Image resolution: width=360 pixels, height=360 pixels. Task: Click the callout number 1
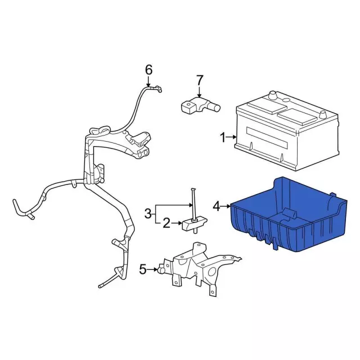click(223, 137)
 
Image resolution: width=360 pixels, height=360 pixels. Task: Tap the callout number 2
click(166, 223)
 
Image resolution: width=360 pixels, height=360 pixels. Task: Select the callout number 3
click(148, 214)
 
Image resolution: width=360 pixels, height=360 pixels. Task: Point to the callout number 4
click(217, 206)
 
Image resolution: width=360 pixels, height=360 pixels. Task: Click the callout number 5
click(143, 269)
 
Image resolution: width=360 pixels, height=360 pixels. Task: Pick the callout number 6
click(148, 70)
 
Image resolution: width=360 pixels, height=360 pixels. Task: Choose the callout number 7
click(199, 80)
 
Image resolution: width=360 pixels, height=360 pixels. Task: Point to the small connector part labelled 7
click(200, 105)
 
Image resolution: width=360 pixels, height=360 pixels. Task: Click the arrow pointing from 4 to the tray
click(226, 206)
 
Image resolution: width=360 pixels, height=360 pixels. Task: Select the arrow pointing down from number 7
click(199, 92)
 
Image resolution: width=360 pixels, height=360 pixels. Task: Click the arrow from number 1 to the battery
click(231, 137)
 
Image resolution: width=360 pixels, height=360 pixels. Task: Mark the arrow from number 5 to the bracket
click(152, 269)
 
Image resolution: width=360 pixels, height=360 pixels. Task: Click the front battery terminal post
click(323, 114)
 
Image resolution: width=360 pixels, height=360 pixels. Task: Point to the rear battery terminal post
click(272, 94)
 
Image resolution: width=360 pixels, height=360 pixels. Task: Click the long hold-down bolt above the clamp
click(193, 204)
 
